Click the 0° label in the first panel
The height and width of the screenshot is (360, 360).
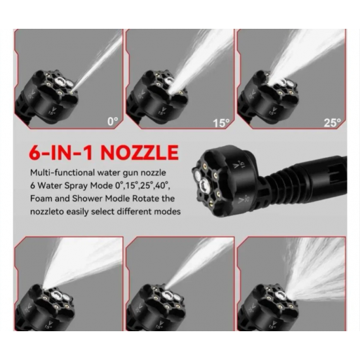pos(113,121)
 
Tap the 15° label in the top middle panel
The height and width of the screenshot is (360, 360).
pos(221,123)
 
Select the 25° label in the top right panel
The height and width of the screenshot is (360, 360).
pos(333,122)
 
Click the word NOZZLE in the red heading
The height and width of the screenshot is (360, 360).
pos(139,153)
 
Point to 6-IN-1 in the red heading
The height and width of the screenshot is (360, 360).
pos(61,153)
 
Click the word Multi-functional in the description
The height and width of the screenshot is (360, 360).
pos(62,172)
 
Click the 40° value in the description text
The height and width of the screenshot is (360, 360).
pos(163,185)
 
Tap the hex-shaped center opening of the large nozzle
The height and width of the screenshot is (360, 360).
pos(204,185)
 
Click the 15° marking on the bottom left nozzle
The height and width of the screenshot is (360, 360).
pos(49,324)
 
